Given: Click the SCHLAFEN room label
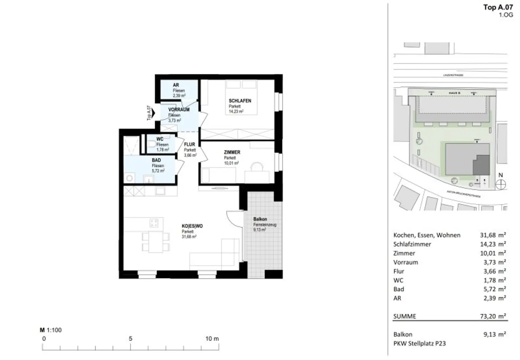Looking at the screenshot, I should click(x=240, y=101).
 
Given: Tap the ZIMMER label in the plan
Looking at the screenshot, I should click(x=232, y=152).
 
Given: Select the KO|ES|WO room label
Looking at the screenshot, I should click(x=192, y=226).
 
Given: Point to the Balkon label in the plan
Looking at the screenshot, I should click(x=260, y=219).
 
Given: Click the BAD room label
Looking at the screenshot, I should click(x=156, y=160).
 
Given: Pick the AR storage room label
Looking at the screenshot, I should click(x=176, y=85).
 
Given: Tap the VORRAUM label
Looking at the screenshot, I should click(x=179, y=110).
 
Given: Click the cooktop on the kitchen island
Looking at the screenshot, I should click(x=154, y=223).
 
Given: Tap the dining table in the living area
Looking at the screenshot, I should click(x=156, y=242).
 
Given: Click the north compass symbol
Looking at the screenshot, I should click(x=500, y=185).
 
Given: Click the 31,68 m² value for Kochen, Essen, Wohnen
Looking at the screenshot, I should click(x=493, y=235).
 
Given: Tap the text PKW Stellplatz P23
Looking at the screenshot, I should click(x=419, y=343).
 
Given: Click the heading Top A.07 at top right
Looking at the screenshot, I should click(x=498, y=7).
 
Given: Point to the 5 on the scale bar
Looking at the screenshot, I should click(x=130, y=338).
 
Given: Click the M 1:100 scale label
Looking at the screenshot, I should click(x=51, y=330).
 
